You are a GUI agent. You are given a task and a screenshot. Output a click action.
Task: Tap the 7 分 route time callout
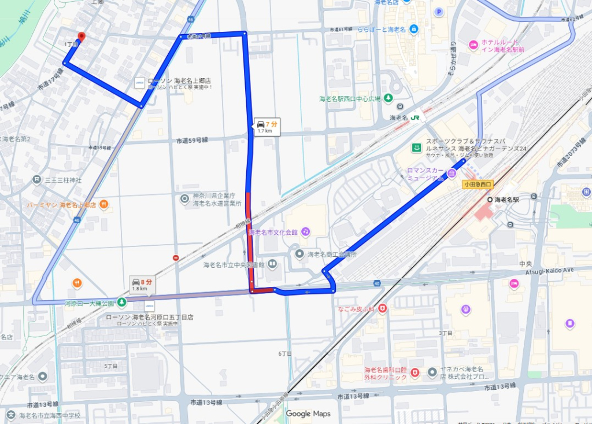267,127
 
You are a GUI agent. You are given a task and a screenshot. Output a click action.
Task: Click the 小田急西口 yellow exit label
477,185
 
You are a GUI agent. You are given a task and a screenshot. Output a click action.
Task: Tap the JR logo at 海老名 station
417,117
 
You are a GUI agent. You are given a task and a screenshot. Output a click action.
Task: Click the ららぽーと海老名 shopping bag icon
414,28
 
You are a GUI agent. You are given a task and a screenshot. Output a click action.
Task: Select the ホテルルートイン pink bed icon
473,44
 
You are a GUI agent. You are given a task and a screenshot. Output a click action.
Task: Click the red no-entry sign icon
176,257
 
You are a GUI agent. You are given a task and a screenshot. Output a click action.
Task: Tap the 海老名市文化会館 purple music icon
305,232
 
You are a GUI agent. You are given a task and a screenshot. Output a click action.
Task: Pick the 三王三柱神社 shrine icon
37,180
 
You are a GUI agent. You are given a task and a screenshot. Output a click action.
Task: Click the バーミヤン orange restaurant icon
103,204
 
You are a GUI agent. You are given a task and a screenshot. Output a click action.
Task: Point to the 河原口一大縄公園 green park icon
121,302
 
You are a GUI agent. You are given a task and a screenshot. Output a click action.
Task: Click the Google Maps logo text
308,414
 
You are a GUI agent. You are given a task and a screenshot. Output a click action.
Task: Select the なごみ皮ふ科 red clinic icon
382,309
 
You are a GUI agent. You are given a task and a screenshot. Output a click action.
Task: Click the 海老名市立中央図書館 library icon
272,265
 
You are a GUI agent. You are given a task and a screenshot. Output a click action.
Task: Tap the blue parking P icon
439,12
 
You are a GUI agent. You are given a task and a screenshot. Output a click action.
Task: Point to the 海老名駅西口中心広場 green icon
388,98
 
